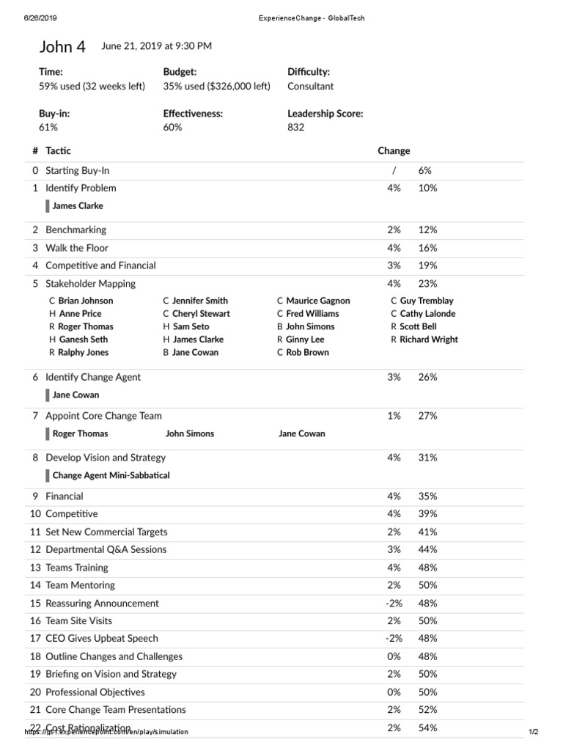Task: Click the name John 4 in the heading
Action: [x=62, y=47]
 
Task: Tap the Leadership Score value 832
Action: [x=296, y=127]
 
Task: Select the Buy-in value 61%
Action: [x=48, y=127]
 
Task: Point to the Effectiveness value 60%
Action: [x=173, y=127]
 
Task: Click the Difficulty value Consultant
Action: [x=310, y=86]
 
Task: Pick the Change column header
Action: [x=394, y=150]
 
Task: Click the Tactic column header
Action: [x=59, y=150]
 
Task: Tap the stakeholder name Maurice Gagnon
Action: [x=318, y=301]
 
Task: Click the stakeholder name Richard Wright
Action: [x=429, y=340]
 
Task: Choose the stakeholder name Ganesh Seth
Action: [x=83, y=340]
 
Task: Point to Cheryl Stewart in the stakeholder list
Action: [x=201, y=314]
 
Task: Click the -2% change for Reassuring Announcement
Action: [x=394, y=604]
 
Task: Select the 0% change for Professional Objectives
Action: [x=394, y=692]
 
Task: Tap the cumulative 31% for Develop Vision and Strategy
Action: [x=427, y=458]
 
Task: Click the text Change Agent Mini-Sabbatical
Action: [x=111, y=475]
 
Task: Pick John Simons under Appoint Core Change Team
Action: [x=190, y=433]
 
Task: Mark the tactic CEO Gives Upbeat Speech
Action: [x=101, y=639]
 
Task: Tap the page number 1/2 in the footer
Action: [x=533, y=732]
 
